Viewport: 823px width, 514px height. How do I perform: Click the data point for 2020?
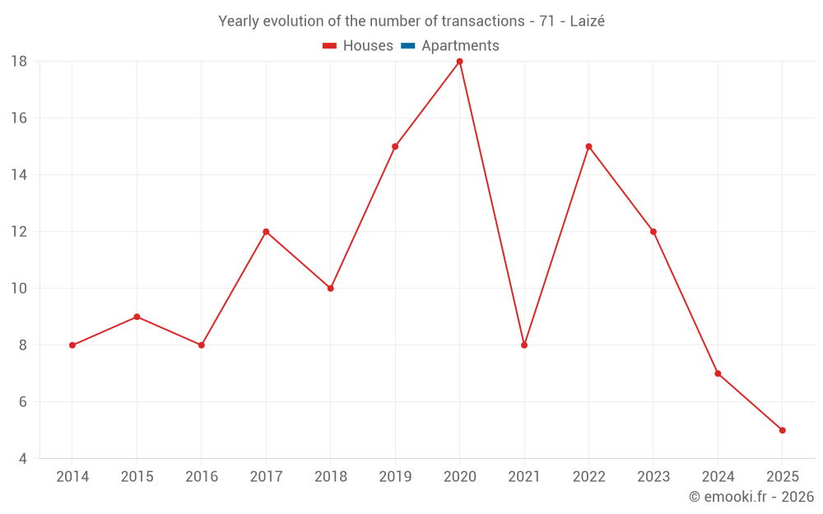459,62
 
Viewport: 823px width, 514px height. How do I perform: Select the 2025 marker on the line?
782,430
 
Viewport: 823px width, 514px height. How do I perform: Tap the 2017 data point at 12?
266,232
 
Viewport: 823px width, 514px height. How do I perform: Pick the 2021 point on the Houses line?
524,345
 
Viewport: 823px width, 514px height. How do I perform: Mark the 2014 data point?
72,345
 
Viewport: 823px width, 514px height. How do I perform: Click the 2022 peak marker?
588,146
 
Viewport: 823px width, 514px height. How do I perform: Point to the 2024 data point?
718,373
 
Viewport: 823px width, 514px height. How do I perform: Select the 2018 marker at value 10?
330,289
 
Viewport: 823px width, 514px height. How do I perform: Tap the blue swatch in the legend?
407,46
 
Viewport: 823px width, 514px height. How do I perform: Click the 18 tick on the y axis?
19,62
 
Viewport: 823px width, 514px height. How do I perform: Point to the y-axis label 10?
19,289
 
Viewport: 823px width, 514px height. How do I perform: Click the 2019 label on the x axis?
395,477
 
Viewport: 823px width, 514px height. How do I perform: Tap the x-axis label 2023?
653,477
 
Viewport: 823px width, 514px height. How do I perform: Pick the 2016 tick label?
202,477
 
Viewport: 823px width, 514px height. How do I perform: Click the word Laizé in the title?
587,21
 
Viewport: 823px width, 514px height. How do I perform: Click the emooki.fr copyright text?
751,497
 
